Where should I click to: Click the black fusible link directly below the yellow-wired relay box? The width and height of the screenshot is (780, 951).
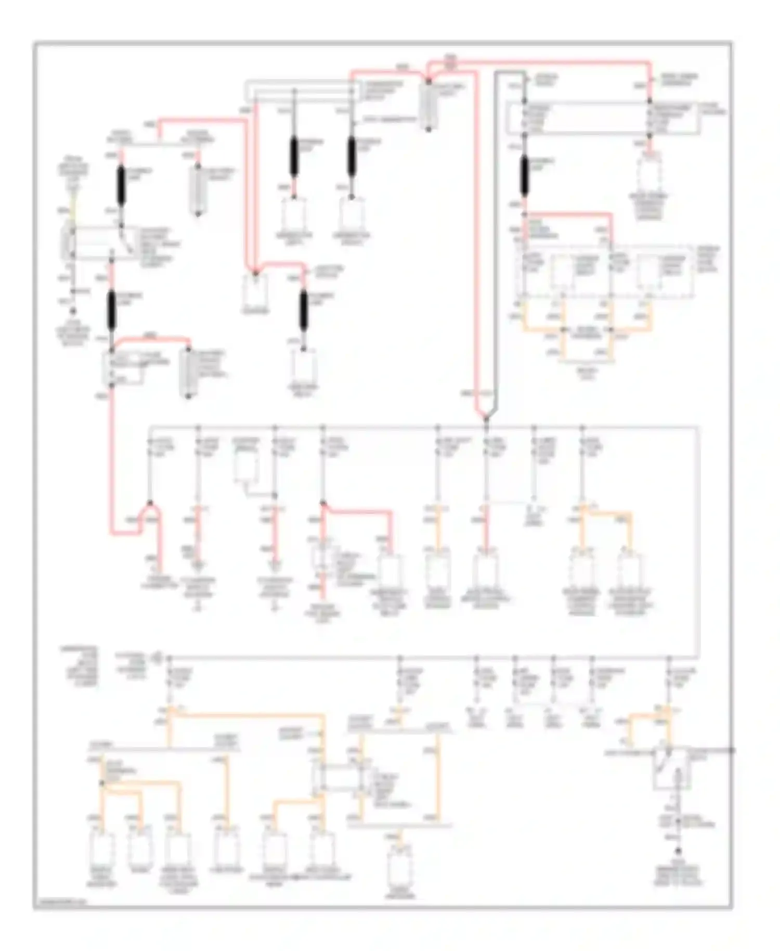[x=111, y=312]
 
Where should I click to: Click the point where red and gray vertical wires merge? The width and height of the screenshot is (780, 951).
[x=486, y=417]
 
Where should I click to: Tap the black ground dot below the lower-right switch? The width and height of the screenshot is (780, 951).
[x=678, y=852]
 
